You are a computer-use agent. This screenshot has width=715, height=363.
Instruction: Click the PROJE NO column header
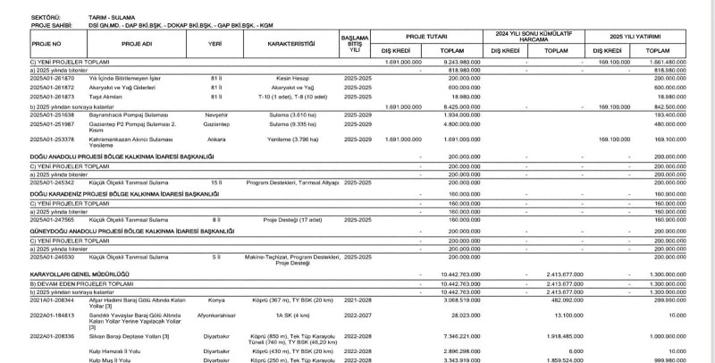tap(46, 42)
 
